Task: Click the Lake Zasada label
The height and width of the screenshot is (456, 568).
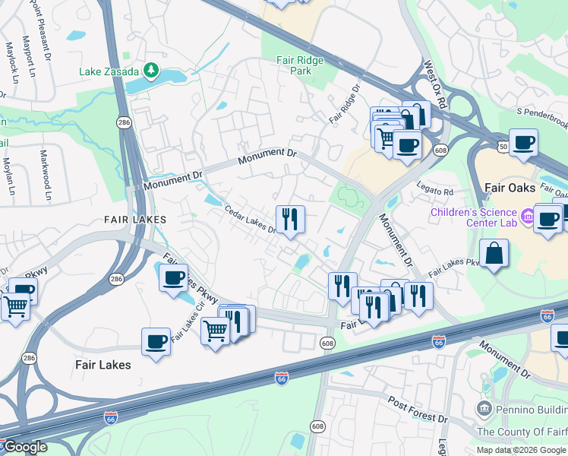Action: (x=109, y=72)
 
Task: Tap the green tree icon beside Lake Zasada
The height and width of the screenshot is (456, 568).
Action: (x=151, y=71)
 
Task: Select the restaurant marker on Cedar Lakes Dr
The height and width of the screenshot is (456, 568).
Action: (x=290, y=220)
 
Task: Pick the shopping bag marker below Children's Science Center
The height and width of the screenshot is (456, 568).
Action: (x=494, y=255)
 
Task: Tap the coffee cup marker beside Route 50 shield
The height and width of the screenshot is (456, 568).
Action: (x=522, y=142)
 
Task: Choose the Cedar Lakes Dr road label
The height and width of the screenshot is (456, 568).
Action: (x=249, y=223)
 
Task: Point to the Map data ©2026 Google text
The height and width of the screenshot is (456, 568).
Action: (x=522, y=450)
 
